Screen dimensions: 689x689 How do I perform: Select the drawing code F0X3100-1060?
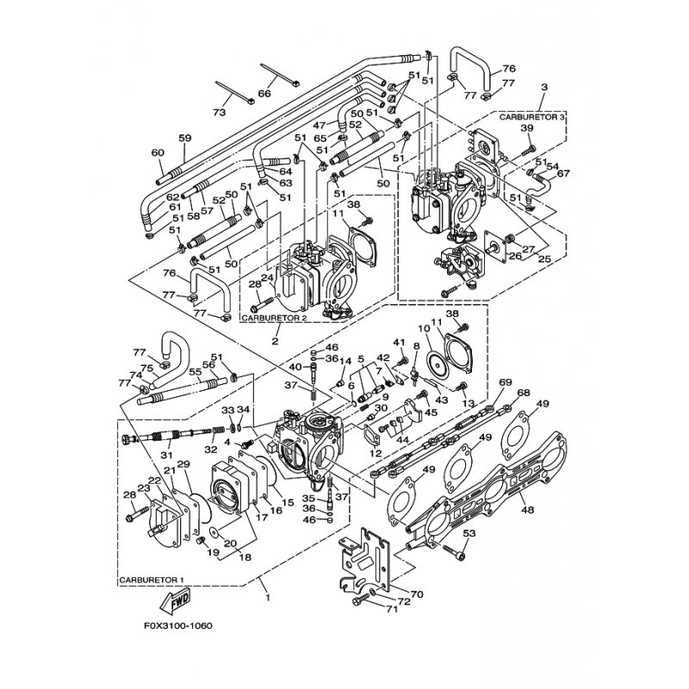pyautogui.click(x=177, y=625)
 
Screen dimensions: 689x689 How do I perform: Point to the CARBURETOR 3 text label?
pyautogui.click(x=531, y=117)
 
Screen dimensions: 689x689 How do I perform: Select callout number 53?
pyautogui.click(x=469, y=533)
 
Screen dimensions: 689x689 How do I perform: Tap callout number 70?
pyautogui.click(x=416, y=594)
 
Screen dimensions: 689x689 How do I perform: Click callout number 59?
pyautogui.click(x=185, y=138)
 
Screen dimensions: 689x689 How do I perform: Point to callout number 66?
pyautogui.click(x=264, y=94)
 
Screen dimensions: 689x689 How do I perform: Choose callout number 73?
pyautogui.click(x=219, y=113)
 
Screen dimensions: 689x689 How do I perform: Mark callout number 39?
pyautogui.click(x=527, y=127)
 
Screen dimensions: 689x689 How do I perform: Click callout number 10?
pyautogui.click(x=423, y=328)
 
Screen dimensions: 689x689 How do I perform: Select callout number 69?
pyautogui.click(x=506, y=382)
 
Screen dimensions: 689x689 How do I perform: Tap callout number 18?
pyautogui.click(x=245, y=557)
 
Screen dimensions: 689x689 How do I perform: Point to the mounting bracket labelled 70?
pyautogui.click(x=364, y=561)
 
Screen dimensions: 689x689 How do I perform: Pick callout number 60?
pyautogui.click(x=158, y=153)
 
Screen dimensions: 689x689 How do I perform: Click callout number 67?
pyautogui.click(x=563, y=173)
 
